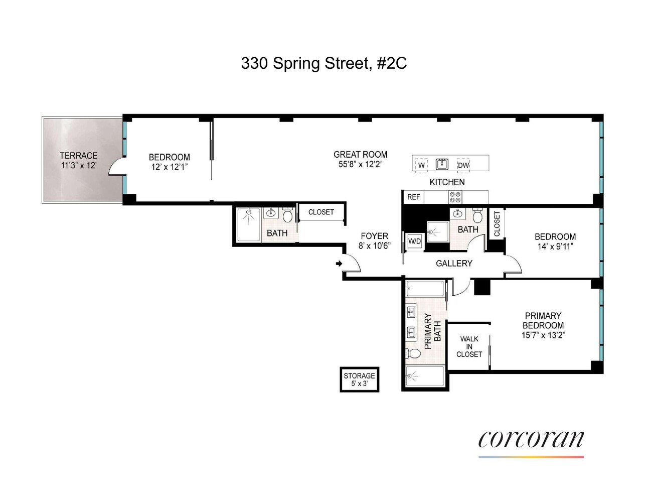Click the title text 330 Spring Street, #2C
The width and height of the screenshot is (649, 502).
coord(323,63)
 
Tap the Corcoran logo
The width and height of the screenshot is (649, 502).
coord(531,440)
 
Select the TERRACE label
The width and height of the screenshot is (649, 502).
coord(78,156)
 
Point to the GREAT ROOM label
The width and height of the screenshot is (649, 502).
coord(360,155)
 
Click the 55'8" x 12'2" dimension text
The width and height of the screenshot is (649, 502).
coord(360,164)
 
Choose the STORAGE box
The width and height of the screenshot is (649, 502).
coord(359,380)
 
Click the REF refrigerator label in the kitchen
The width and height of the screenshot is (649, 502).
coord(413,197)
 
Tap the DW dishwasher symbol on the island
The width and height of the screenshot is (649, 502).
coord(463,165)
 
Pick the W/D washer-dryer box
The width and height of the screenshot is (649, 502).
coord(414,241)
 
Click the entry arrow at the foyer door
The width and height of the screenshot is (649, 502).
coord(339,263)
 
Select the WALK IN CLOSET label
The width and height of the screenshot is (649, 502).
coord(469,347)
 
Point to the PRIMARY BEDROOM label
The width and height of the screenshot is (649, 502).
coord(543,320)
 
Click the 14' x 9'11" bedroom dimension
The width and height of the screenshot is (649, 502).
coord(555,246)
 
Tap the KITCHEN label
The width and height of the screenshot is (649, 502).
coord(447,182)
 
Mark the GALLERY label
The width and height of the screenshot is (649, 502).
coord(454,263)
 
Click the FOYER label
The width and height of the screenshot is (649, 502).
coord(374,236)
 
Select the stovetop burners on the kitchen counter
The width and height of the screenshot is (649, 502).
coord(455,197)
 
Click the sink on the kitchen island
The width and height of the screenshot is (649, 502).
coord(442,164)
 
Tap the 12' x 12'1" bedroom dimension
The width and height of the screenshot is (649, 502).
coord(169,167)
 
